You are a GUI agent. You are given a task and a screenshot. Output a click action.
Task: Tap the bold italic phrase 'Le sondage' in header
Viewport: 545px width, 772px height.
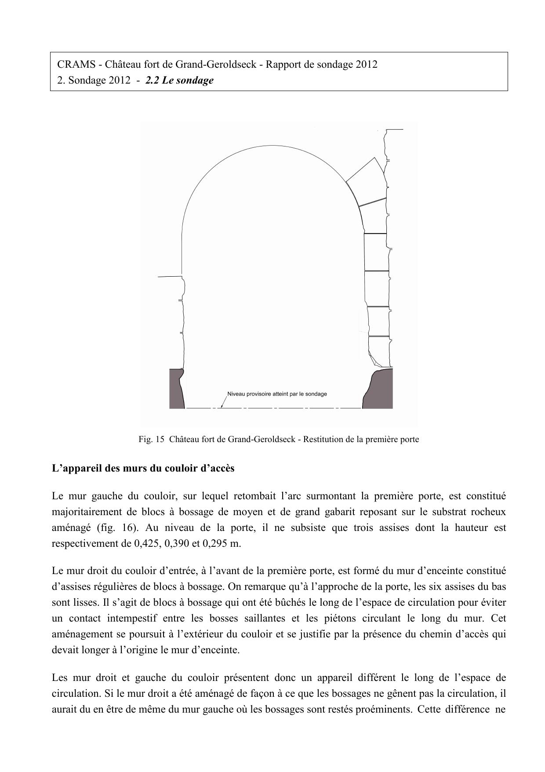[188, 80]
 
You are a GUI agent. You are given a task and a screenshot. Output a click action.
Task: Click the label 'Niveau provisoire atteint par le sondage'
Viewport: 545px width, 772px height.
[277, 394]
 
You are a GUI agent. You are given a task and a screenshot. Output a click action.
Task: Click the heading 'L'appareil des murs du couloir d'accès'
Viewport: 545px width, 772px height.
[143, 468]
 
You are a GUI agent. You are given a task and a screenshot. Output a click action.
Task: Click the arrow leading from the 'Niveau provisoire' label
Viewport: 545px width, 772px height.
[224, 402]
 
